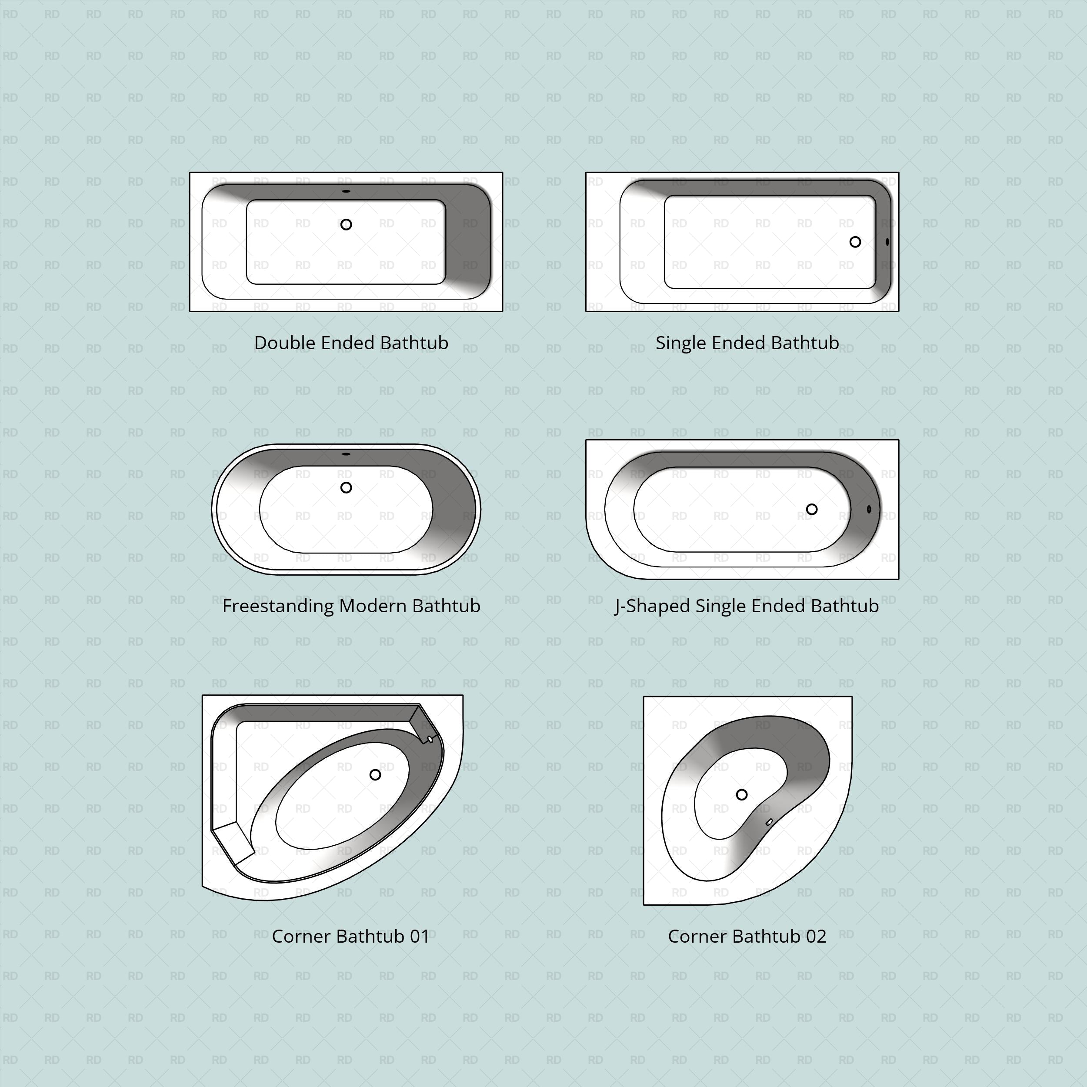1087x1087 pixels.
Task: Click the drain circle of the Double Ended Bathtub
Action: [x=346, y=224]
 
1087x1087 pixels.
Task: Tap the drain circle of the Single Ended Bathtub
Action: [x=855, y=242]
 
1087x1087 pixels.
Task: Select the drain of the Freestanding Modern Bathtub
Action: [x=346, y=487]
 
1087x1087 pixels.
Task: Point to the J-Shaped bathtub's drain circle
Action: [x=811, y=509]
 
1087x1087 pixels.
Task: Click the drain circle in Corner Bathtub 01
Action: [x=375, y=775]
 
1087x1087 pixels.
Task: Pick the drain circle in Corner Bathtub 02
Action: [x=741, y=794]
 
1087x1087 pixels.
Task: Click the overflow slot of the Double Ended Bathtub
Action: [x=346, y=191]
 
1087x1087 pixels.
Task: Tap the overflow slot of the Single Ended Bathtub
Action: [x=887, y=242]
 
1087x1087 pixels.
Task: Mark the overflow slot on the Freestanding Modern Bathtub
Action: [x=346, y=454]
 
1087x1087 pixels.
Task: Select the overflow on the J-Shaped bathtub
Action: [x=869, y=509]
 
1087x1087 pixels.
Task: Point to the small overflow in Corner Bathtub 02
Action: [x=769, y=823]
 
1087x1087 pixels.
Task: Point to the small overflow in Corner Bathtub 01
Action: [x=430, y=739]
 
